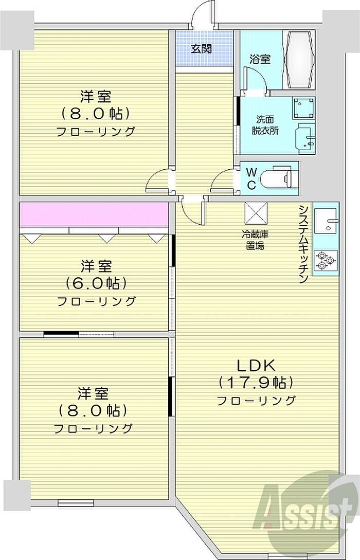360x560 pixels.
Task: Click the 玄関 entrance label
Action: (x=201, y=49)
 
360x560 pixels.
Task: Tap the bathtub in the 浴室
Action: (x=299, y=60)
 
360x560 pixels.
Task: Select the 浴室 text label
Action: (x=260, y=59)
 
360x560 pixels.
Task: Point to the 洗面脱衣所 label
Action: (x=265, y=124)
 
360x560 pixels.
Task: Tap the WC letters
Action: (x=251, y=178)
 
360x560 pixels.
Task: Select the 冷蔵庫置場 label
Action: (x=256, y=240)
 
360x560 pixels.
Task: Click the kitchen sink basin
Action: (x=326, y=221)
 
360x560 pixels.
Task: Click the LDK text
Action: (x=256, y=365)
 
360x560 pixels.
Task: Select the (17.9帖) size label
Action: (x=256, y=383)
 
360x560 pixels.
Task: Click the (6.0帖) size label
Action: (x=96, y=283)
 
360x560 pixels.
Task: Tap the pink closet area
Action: (x=94, y=214)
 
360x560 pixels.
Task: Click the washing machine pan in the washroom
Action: (x=303, y=108)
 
